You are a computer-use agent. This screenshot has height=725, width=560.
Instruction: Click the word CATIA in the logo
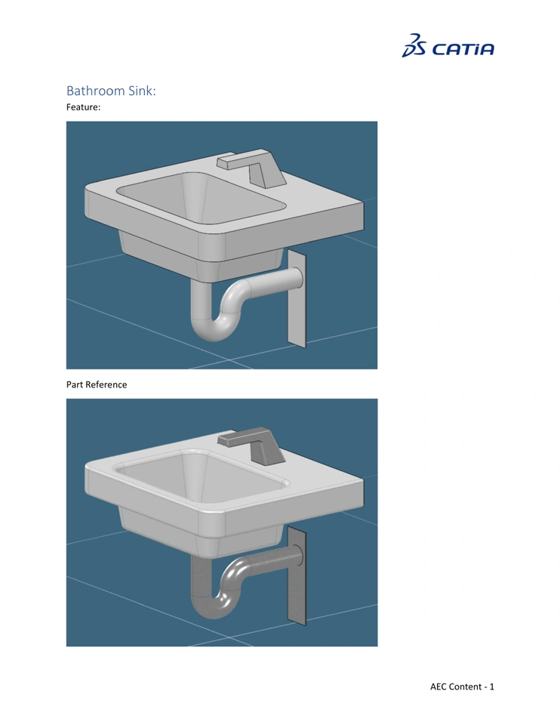tap(463, 49)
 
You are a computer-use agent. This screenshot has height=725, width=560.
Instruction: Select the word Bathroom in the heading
tap(95, 91)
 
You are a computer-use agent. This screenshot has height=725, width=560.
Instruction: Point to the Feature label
tap(83, 107)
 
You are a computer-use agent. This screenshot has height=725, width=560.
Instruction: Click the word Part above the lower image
tap(75, 384)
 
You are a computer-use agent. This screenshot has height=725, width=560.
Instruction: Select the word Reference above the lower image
tap(106, 384)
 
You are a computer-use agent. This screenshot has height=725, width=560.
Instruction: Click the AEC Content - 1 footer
tap(462, 686)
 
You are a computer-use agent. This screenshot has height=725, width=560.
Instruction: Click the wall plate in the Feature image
tap(297, 298)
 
